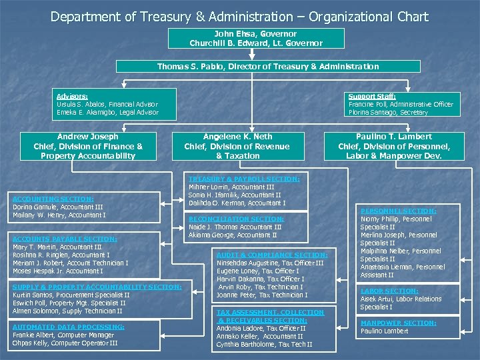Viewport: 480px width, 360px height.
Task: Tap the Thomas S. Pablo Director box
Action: [x=268, y=66]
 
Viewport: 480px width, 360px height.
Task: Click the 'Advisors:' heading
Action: [x=72, y=96]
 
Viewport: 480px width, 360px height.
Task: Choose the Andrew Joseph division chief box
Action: [x=88, y=146]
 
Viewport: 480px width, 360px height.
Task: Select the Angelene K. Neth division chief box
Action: [x=237, y=146]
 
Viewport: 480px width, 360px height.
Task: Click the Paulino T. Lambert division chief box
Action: [x=394, y=146]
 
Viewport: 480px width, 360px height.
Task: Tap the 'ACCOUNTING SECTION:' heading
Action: [x=53, y=199]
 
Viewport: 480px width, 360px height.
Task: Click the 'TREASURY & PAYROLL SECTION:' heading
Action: [x=244, y=179]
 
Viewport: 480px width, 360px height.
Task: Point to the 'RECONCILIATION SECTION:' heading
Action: [x=237, y=219]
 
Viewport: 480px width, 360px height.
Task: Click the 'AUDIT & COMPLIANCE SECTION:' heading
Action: [x=272, y=255]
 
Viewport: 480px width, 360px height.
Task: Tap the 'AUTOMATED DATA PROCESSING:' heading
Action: [x=69, y=327]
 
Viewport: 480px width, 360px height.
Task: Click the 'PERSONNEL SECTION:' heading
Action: [x=398, y=211]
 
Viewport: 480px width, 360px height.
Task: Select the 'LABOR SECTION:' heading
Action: [x=389, y=291]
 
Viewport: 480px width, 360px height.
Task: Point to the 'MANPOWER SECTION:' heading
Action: [x=398, y=323]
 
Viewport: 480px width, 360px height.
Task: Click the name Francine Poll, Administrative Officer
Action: [x=401, y=104]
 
